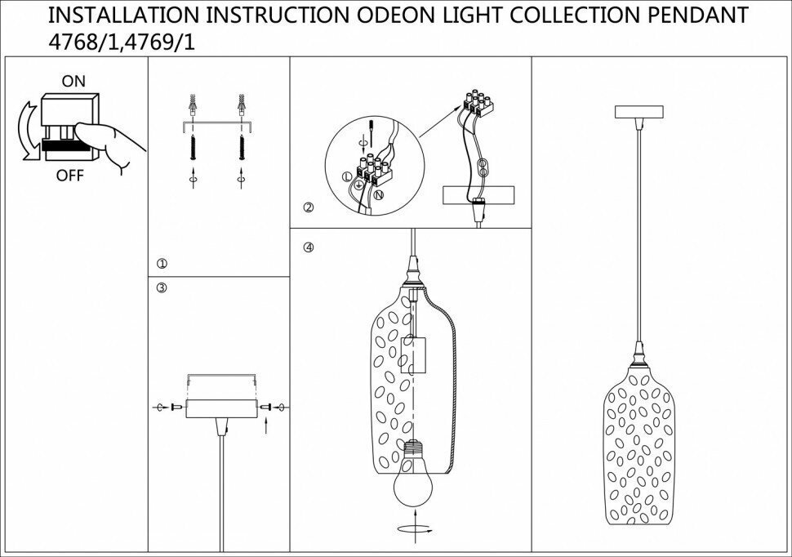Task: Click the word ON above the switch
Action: (x=73, y=82)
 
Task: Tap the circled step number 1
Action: (x=162, y=264)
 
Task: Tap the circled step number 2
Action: (x=308, y=208)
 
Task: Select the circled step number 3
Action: (x=162, y=287)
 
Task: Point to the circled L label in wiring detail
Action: (x=346, y=175)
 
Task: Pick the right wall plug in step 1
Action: (x=241, y=105)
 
